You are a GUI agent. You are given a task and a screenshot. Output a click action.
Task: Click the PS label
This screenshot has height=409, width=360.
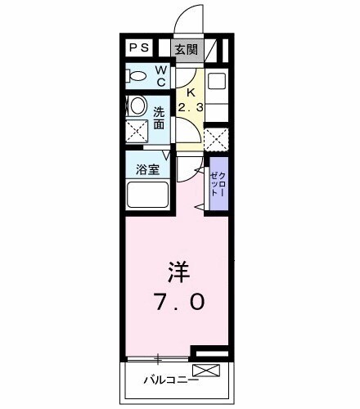[138, 49]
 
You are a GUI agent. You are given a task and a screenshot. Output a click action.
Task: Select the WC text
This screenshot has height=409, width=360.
[160, 76]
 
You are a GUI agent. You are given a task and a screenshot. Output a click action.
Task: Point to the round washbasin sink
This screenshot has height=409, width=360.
[138, 106]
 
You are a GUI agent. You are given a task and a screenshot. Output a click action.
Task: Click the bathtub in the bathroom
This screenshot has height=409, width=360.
[147, 196]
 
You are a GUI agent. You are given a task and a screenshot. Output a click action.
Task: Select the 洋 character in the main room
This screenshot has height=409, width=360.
[178, 270]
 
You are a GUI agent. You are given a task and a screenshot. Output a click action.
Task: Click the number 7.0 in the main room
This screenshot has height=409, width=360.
[177, 300]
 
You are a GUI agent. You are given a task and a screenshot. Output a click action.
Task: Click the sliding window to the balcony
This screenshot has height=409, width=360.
[158, 357]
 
